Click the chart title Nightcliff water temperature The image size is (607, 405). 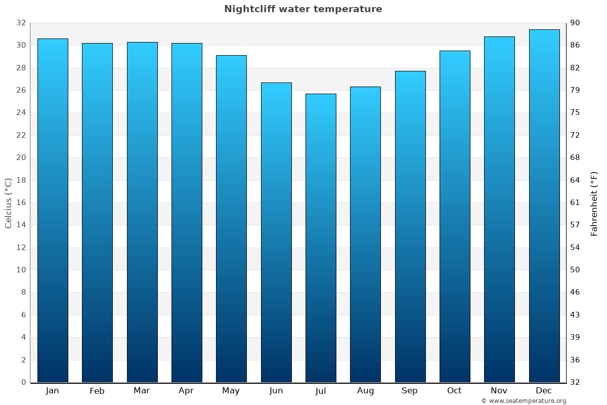303,9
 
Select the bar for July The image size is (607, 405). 321,238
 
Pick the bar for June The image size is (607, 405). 276,232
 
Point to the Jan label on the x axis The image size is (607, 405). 52,391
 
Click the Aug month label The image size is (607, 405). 365,391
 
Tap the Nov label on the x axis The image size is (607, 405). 499,391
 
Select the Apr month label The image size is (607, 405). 186,391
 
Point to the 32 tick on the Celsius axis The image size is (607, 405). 21,23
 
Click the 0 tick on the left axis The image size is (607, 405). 23,382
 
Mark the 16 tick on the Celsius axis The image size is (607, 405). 21,202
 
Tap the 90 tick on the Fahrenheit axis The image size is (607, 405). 576,23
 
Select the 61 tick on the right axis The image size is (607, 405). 576,202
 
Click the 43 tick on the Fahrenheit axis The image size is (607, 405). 576,315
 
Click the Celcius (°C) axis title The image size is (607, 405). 9,202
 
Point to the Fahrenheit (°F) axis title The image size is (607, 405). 594,204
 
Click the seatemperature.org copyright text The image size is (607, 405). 524,401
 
